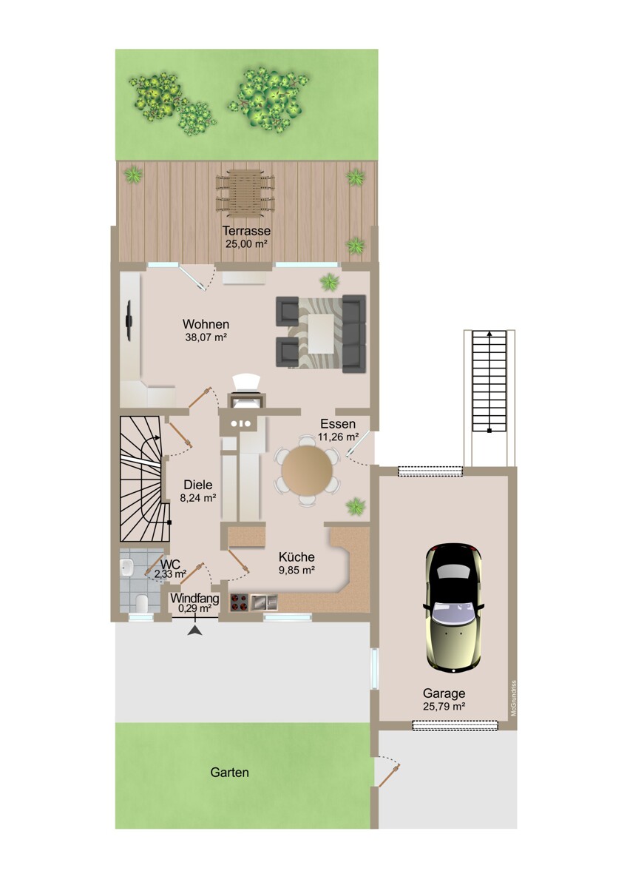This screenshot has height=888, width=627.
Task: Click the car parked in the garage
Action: coord(453,608)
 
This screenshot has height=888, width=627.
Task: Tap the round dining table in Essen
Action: coord(307,470)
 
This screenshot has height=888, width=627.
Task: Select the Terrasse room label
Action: coord(246,231)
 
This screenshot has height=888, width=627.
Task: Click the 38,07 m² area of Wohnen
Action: coord(206,337)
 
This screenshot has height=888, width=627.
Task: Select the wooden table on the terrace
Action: coord(245,193)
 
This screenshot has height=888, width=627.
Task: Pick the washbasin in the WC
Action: coord(126,568)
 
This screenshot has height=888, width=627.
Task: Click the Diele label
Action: coord(198,485)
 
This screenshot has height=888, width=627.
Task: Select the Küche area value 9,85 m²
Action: coord(296,570)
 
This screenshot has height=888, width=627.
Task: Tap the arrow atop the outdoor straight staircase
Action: coord(489,334)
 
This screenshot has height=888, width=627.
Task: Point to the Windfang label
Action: coord(194,598)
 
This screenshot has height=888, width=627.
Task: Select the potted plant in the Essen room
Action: coord(356,507)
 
